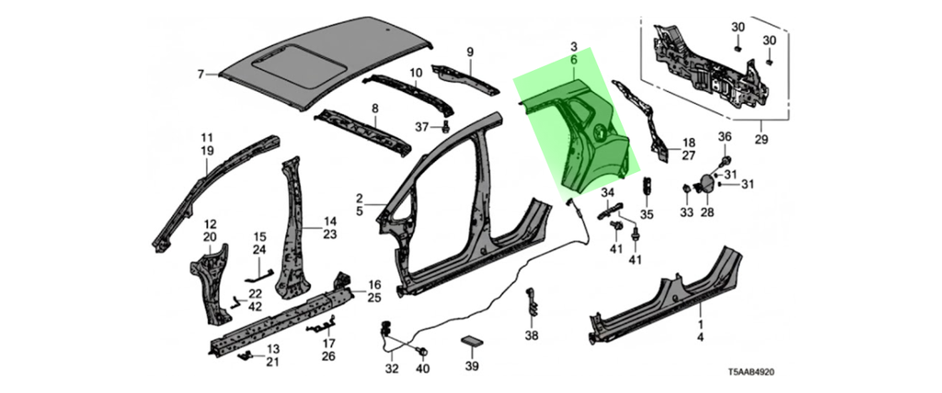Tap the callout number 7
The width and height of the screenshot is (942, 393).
click(201, 74)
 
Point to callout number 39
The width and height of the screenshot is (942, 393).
click(472, 366)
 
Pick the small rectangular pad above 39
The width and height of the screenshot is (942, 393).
click(471, 341)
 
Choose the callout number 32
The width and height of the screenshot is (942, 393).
click(392, 369)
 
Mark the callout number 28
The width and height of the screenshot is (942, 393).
click(706, 213)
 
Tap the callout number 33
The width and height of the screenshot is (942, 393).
click(686, 213)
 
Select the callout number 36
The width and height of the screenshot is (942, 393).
click(724, 138)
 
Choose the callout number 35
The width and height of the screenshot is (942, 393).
click(647, 214)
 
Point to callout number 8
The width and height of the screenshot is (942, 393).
click(375, 109)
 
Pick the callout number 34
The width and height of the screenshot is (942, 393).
click(607, 192)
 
